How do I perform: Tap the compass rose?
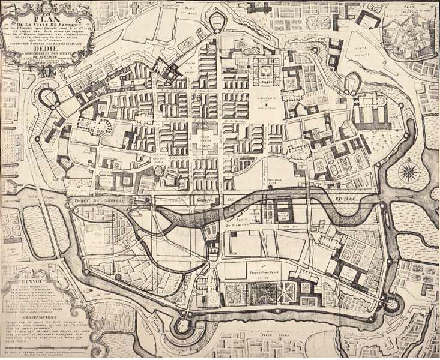pos(409,173)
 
